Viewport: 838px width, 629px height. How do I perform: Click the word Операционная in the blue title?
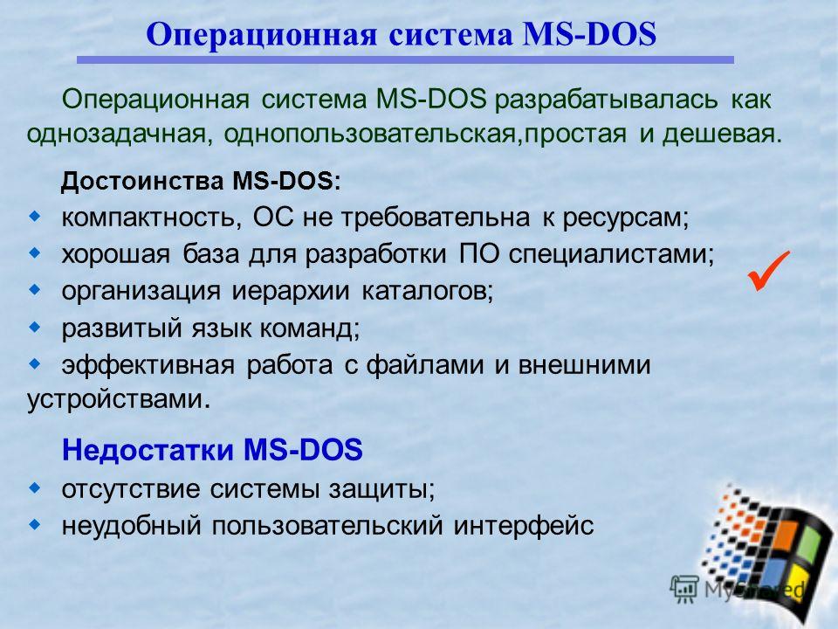(261, 35)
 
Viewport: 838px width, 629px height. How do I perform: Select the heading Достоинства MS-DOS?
(201, 182)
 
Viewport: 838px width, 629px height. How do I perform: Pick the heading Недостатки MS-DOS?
(212, 449)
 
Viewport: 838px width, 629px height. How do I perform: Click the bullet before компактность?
(35, 217)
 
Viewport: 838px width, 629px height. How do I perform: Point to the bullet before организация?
(35, 290)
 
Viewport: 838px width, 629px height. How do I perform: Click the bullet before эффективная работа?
(35, 364)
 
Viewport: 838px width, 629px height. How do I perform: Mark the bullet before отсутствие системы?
(35, 487)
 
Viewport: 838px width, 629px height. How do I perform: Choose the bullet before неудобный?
(35, 525)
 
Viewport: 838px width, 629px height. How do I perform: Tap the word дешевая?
(722, 134)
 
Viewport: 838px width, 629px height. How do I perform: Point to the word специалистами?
(611, 254)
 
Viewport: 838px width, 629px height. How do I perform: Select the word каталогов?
(427, 292)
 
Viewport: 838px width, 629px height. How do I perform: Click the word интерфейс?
(524, 526)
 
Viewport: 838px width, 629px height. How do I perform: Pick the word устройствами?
(118, 399)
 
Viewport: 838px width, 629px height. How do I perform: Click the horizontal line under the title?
(405, 60)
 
